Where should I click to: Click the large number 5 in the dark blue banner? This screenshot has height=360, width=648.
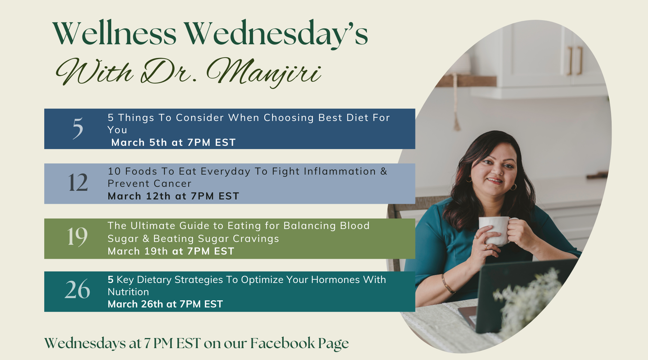[x=78, y=128]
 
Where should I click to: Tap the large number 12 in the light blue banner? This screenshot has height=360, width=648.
[x=78, y=182]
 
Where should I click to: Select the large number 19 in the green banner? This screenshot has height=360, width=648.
[x=77, y=237]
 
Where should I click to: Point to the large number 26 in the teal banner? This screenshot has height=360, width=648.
[x=77, y=289]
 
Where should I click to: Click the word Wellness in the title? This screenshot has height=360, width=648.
[x=114, y=33]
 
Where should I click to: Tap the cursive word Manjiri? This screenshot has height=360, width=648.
[x=264, y=72]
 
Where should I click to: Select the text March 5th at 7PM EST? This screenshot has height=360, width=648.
[x=173, y=143]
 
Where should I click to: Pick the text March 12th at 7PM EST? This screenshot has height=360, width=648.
[x=173, y=196]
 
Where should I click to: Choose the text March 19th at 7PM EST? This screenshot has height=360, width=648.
[x=171, y=251]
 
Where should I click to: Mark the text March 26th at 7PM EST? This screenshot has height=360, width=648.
[x=165, y=304]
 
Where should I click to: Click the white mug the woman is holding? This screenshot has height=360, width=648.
[x=496, y=230]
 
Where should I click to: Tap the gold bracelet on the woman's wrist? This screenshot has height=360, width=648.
[x=447, y=284]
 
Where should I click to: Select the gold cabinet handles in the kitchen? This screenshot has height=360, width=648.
[x=575, y=60]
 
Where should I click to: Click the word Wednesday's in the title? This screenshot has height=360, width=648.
[x=276, y=34]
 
